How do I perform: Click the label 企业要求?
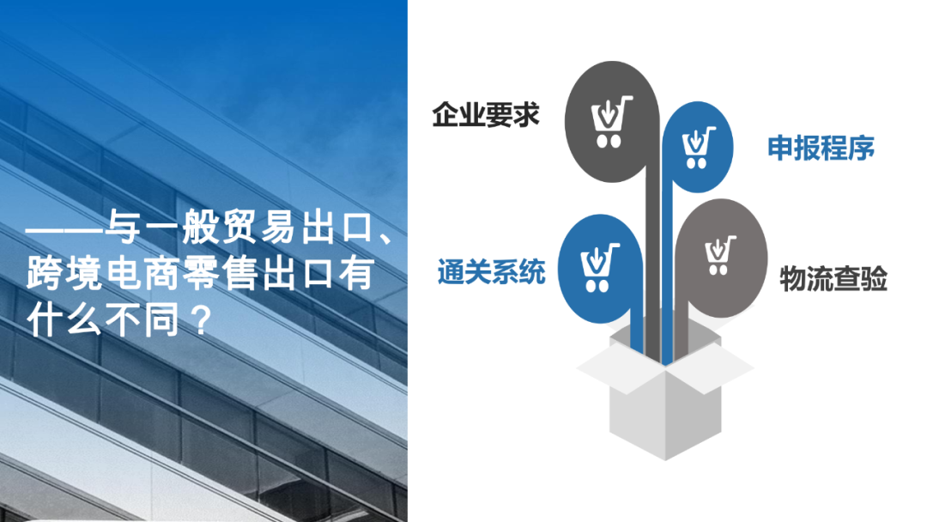486,114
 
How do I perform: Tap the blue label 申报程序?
821,148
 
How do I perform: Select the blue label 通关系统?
491,272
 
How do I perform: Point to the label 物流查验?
833,279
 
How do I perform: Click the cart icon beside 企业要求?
612,121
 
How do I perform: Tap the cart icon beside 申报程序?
698,148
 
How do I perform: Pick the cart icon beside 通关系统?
600,266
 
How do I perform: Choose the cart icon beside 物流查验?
719,255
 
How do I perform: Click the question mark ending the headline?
198,321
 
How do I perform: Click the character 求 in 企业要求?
527,114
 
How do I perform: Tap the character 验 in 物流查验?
874,279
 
